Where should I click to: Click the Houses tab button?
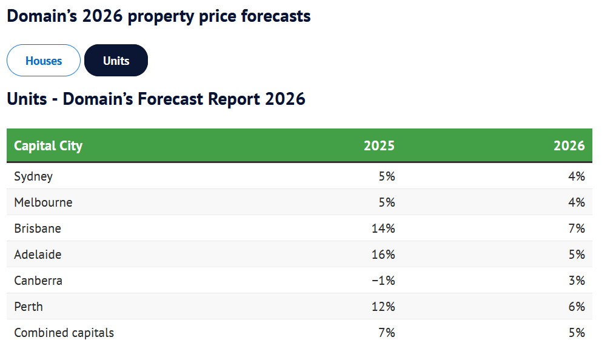click(x=44, y=61)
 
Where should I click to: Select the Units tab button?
click(x=116, y=61)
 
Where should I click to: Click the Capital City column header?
click(x=49, y=146)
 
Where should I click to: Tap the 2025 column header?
click(x=379, y=146)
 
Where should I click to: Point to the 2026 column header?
click(x=569, y=146)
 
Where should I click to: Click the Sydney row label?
click(x=33, y=177)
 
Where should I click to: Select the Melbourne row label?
click(x=43, y=203)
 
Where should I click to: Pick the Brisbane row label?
click(x=38, y=229)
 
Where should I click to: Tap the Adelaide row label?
click(x=38, y=255)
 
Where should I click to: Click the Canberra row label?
click(x=38, y=281)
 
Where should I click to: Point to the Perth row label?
click(x=28, y=307)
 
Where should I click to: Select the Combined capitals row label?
click(x=64, y=333)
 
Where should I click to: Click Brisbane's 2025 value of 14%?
click(x=383, y=229)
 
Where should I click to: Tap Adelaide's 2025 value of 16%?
click(x=383, y=255)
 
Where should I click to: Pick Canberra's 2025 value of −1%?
click(x=383, y=281)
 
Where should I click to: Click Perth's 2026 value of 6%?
click(x=577, y=307)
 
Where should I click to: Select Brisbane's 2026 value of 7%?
click(x=577, y=229)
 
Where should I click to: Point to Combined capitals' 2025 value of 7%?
click(x=387, y=333)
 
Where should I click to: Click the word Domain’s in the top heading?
click(x=42, y=16)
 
